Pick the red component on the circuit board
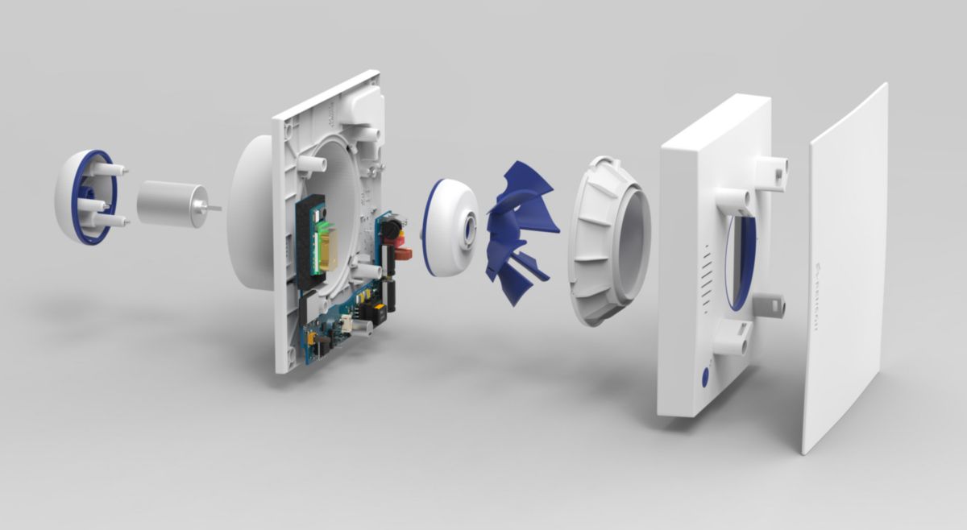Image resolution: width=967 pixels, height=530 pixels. tap(404, 255)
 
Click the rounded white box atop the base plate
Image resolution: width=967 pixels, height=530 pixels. tap(363, 106)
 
